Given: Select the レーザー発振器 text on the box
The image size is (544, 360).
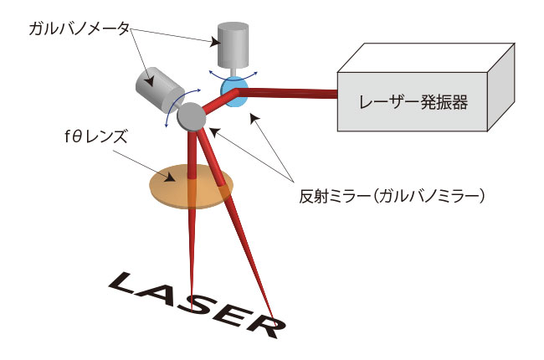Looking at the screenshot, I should [x=413, y=102].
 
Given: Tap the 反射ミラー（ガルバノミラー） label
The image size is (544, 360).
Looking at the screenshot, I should [x=393, y=198].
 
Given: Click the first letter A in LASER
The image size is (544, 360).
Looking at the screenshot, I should [x=166, y=294].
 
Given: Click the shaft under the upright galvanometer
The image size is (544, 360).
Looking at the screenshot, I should [x=232, y=69].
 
